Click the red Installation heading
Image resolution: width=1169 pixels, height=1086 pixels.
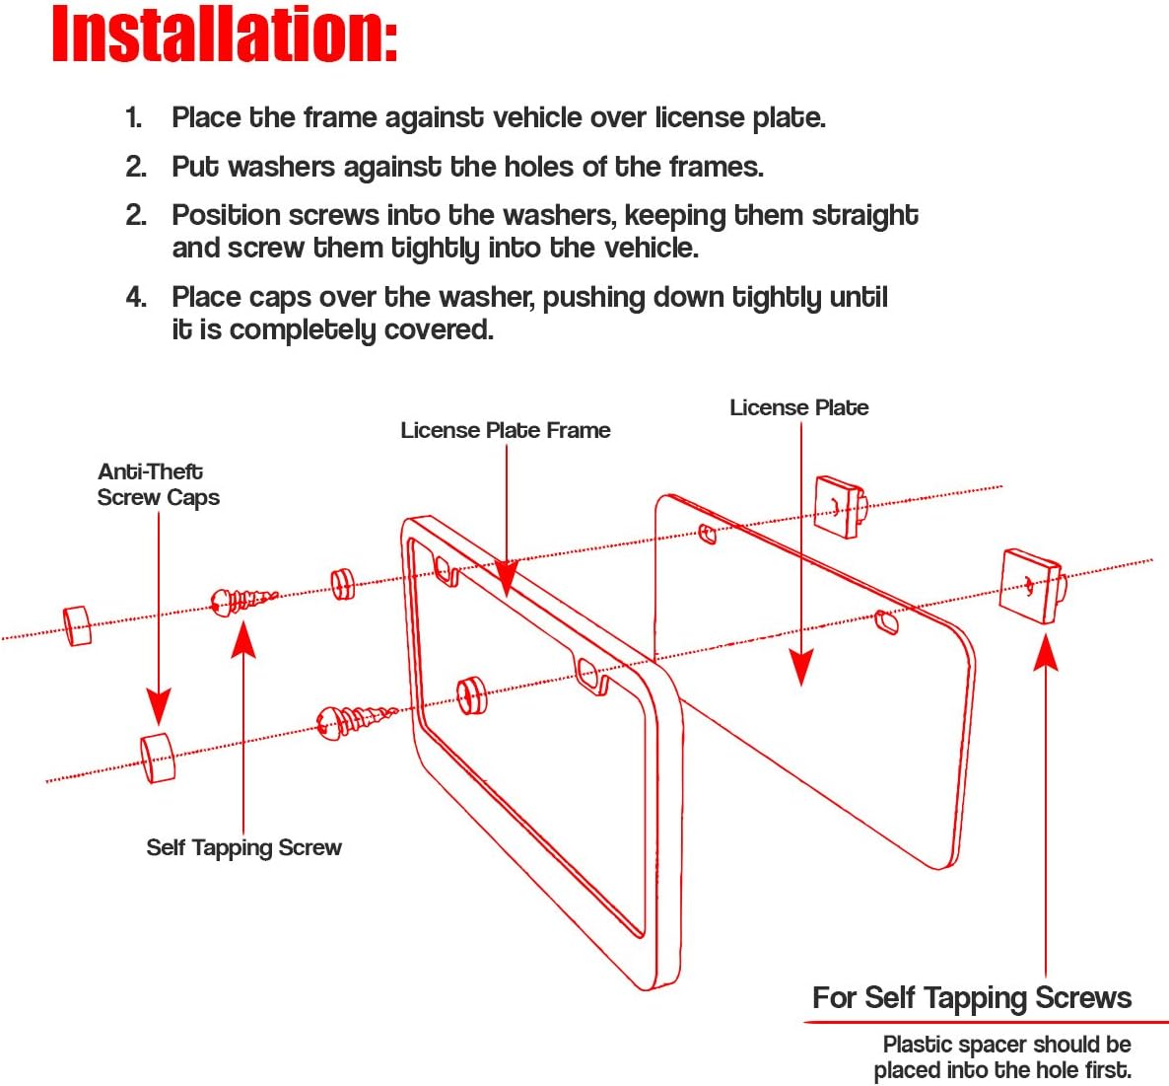coord(225,36)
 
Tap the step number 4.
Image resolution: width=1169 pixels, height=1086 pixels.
coord(136,297)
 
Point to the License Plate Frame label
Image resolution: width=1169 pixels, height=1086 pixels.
coord(505,430)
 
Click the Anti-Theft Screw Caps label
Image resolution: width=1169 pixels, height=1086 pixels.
coord(157,484)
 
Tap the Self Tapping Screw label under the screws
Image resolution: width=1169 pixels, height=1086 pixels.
coord(243,847)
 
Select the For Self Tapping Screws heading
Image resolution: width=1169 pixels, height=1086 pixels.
coord(971,998)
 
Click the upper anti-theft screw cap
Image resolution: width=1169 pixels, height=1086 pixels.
coord(77,625)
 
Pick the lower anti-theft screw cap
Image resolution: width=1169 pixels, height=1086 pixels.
coord(157,757)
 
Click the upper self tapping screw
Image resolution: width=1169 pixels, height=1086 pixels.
coord(242,600)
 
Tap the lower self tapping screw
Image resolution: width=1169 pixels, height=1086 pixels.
coord(355,720)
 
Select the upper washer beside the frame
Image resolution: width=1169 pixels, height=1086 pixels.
coord(342,583)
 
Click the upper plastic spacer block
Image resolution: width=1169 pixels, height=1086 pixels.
coord(839,507)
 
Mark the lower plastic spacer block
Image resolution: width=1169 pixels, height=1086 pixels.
coord(1030,586)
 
